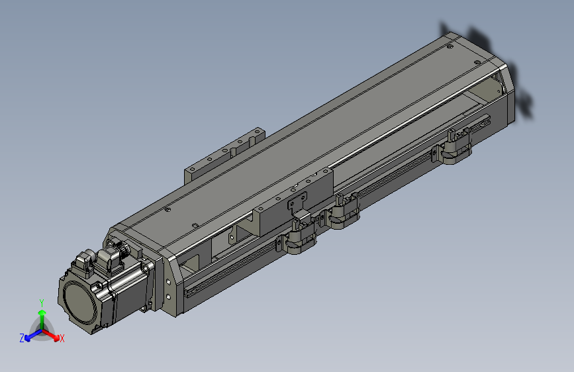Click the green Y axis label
pos(41,302)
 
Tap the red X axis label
pos(62,339)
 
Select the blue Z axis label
pos(22,338)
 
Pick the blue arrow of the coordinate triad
pos(31,334)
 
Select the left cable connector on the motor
pos(84,263)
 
